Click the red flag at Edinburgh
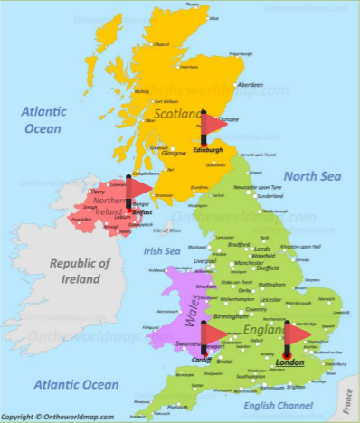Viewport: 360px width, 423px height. (213, 123)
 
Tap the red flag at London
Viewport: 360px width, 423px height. (296, 334)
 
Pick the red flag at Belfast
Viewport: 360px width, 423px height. (138, 187)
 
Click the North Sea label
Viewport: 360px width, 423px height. (310, 175)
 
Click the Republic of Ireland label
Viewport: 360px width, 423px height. (79, 271)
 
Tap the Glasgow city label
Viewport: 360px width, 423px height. (174, 153)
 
